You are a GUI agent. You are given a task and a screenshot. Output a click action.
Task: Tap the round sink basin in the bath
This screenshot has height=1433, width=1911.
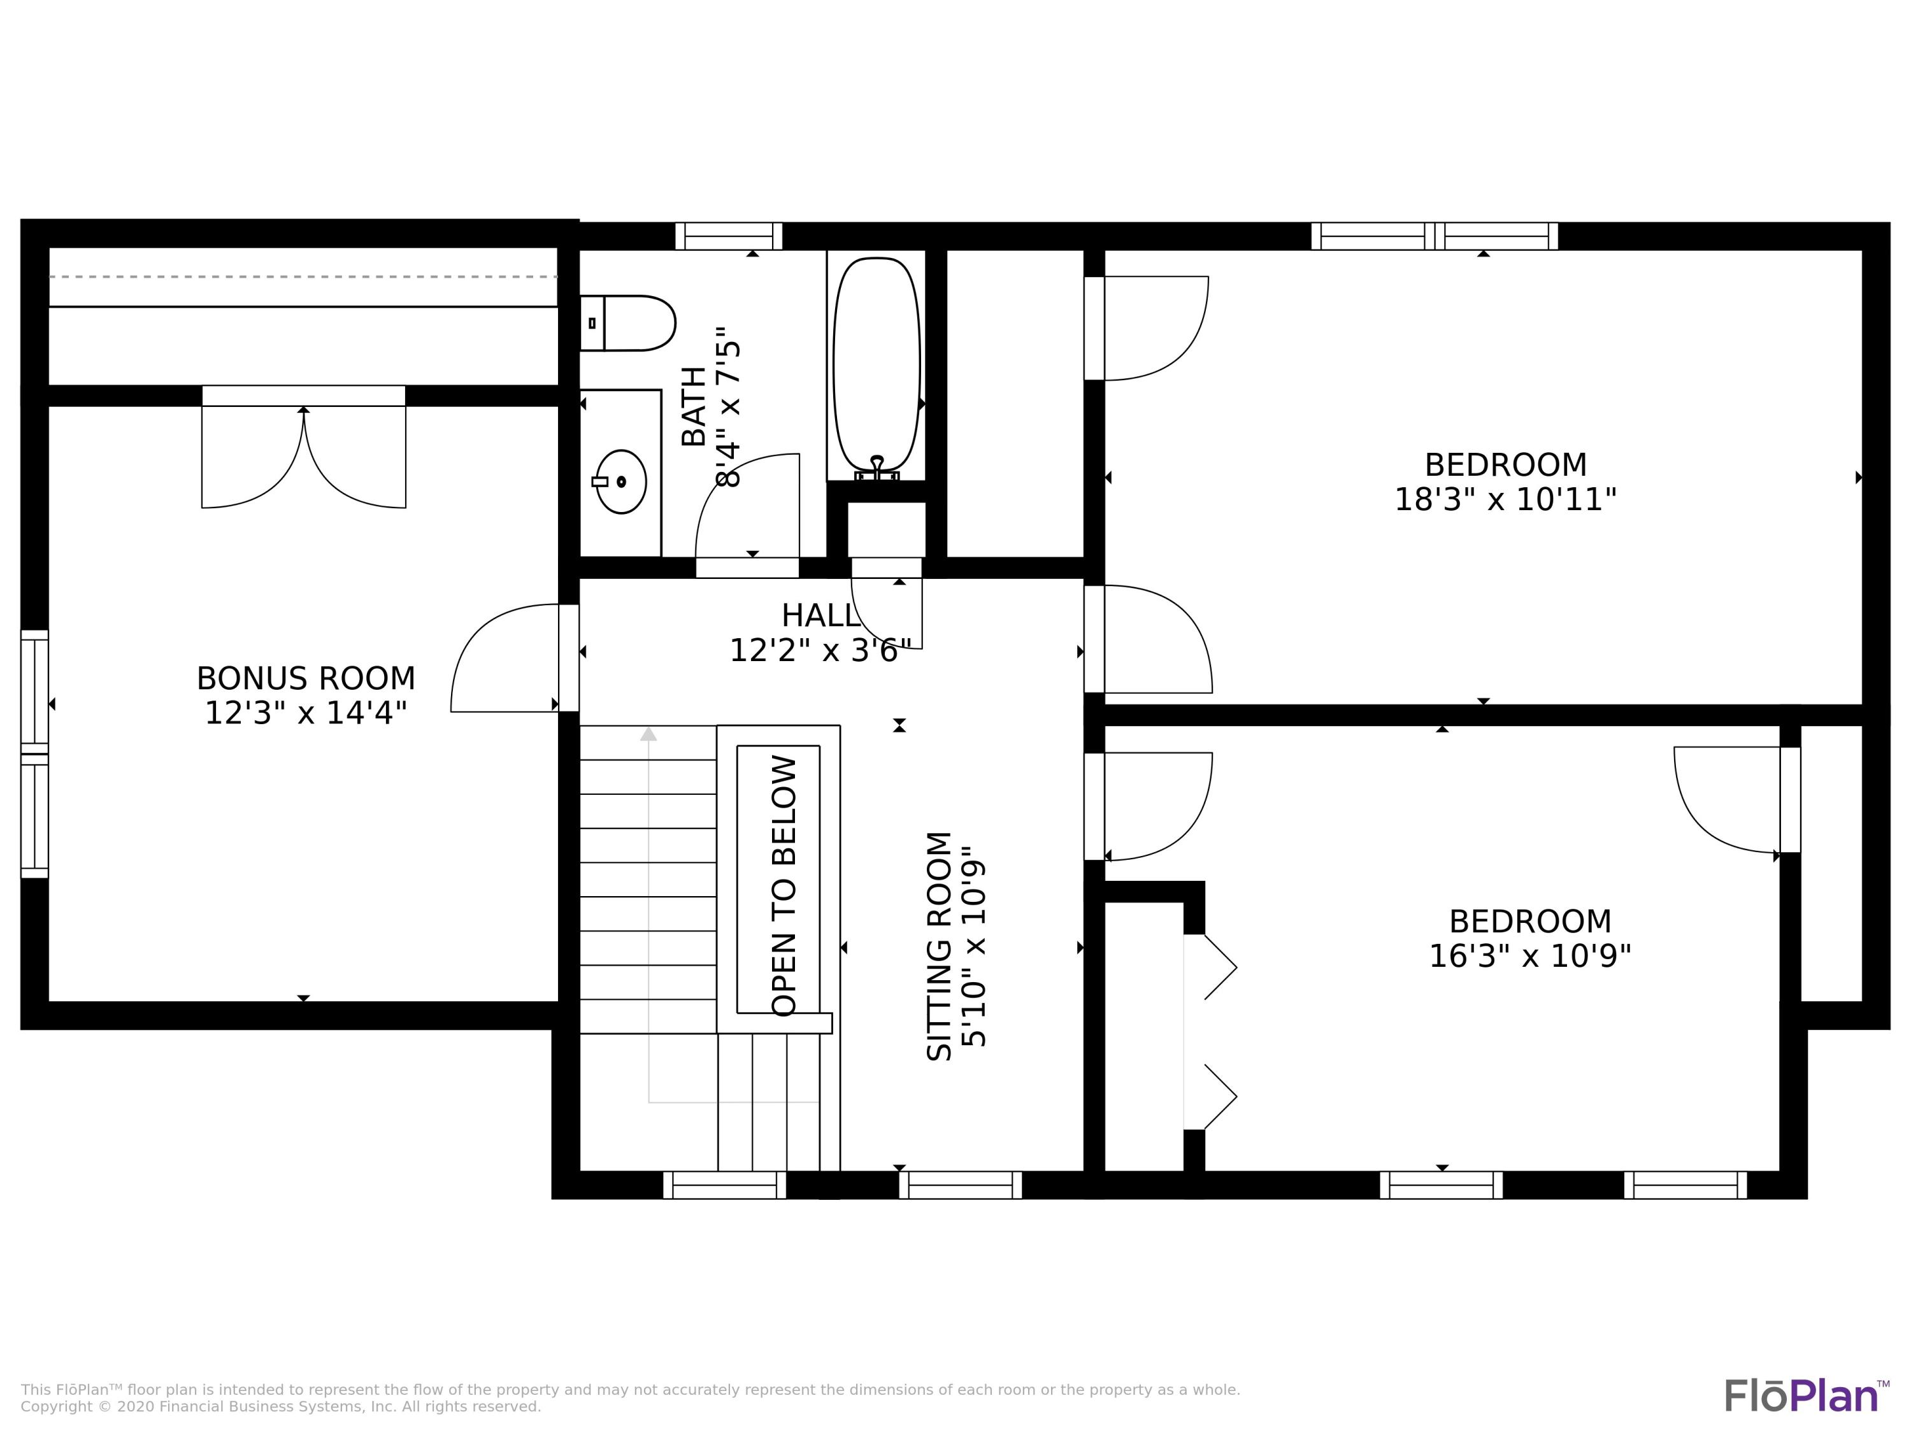(621, 481)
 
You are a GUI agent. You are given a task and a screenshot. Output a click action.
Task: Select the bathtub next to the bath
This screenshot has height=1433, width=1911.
(876, 364)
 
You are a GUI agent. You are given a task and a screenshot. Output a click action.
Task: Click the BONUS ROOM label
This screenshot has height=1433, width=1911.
(306, 679)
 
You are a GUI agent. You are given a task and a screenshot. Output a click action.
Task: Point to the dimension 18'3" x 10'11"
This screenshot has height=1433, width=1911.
(1505, 500)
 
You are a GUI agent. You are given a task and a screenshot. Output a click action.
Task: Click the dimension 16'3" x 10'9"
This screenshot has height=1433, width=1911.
(1529, 956)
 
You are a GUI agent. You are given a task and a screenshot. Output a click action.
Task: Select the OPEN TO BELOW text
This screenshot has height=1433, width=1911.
(784, 885)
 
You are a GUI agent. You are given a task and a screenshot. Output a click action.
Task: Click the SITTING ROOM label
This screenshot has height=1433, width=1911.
(939, 946)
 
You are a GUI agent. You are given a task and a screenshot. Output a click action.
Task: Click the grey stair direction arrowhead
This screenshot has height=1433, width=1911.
(648, 734)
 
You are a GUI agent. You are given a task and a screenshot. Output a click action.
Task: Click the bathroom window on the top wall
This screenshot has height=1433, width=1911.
(728, 236)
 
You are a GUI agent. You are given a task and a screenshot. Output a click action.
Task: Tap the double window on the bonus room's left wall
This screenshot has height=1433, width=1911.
(34, 753)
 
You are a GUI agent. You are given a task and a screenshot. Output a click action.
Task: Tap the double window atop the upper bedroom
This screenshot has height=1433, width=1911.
(1434, 236)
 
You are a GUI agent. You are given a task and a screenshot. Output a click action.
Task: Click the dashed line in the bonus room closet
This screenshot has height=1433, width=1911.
(303, 277)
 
